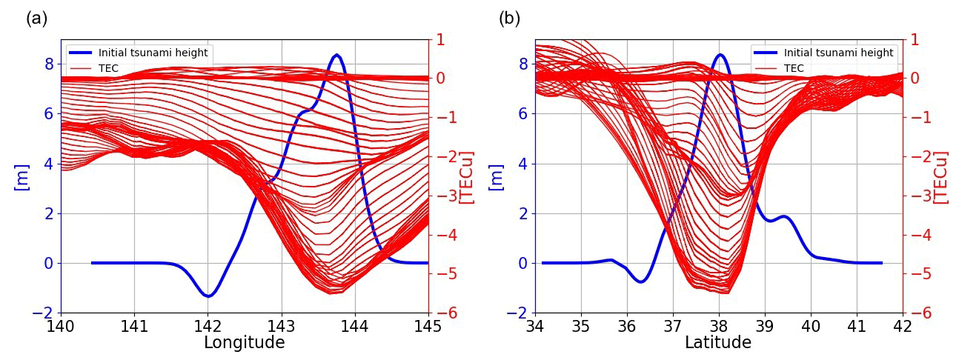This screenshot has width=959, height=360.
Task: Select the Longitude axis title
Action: (x=244, y=343)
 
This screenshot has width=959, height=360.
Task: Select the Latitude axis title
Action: (x=717, y=343)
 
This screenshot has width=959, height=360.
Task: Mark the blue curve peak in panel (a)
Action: (x=337, y=55)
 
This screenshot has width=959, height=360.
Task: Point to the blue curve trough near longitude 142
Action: (x=208, y=296)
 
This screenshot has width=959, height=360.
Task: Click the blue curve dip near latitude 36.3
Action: (x=641, y=281)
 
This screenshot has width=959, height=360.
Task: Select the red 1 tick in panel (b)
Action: (x=915, y=39)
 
